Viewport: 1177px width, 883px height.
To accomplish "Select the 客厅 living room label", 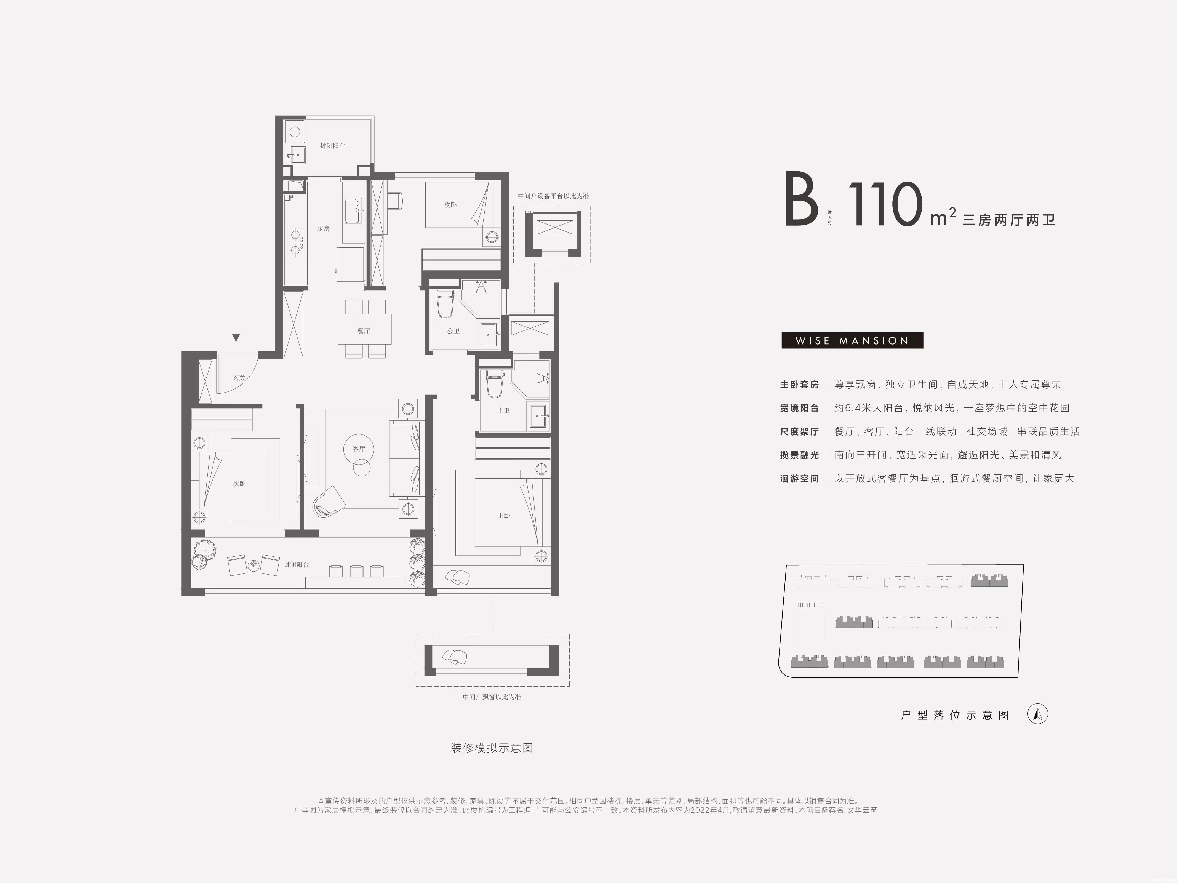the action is (x=359, y=449).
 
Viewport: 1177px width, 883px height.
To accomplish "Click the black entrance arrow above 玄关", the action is (x=236, y=337).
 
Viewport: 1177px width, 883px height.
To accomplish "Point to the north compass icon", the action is (x=1037, y=714).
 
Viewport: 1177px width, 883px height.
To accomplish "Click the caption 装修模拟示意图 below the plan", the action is (x=492, y=748).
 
